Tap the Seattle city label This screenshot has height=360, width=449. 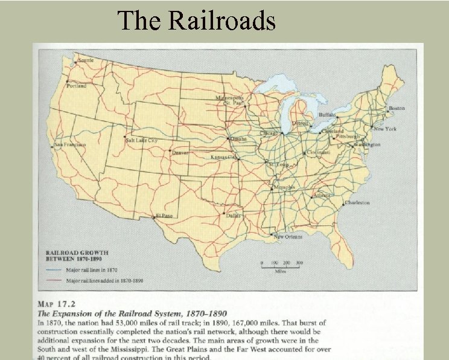pyautogui.click(x=86, y=60)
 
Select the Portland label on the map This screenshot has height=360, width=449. pyautogui.click(x=77, y=86)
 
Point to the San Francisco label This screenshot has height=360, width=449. pyautogui.click(x=71, y=145)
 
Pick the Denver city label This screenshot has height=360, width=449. pyautogui.click(x=180, y=153)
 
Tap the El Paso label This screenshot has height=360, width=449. pyautogui.click(x=164, y=216)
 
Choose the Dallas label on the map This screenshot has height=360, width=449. pyautogui.click(x=233, y=215)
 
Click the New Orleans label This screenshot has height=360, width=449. pyautogui.click(x=288, y=237)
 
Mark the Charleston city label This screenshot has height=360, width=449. pyautogui.click(x=357, y=203)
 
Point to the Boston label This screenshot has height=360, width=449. pyautogui.click(x=396, y=109)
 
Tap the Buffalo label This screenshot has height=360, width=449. pyautogui.click(x=327, y=114)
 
